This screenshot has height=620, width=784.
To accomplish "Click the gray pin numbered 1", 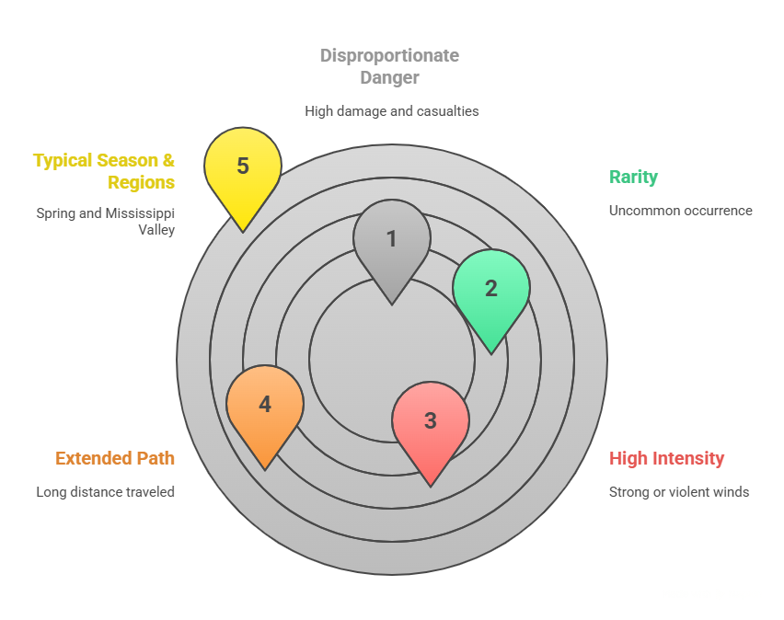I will point(392,241).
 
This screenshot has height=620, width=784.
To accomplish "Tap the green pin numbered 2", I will point(491,290).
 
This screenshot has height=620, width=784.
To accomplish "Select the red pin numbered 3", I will point(431,422).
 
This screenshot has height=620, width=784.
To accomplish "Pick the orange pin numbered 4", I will point(265,406).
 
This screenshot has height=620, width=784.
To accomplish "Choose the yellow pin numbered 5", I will point(243,167).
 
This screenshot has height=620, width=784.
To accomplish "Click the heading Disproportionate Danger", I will point(389,66).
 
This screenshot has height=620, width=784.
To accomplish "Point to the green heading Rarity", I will point(634,178).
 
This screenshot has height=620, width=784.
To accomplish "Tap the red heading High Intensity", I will point(667,458).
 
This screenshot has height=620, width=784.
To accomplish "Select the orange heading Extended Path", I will point(115,458).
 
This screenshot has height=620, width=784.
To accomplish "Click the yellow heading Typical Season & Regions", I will point(104,171).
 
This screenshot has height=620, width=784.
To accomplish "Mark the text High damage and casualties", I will point(392,110).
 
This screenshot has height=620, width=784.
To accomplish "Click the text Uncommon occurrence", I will point(680,211).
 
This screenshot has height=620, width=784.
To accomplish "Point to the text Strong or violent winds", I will point(679,492).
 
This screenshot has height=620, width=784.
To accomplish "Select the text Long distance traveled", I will point(106,492).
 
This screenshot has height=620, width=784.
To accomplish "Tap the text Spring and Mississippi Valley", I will point(106,221).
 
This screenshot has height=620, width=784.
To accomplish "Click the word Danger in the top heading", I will point(389,78).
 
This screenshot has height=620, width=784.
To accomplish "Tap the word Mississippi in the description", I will point(142,213).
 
